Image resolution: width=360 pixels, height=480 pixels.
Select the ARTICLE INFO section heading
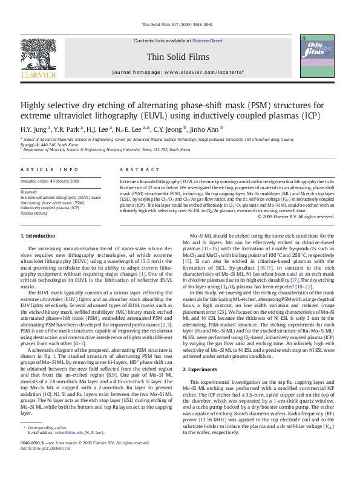pos(50,170)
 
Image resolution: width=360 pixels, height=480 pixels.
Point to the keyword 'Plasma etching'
pos(34,213)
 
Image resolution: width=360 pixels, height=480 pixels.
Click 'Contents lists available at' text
pos(162,41)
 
